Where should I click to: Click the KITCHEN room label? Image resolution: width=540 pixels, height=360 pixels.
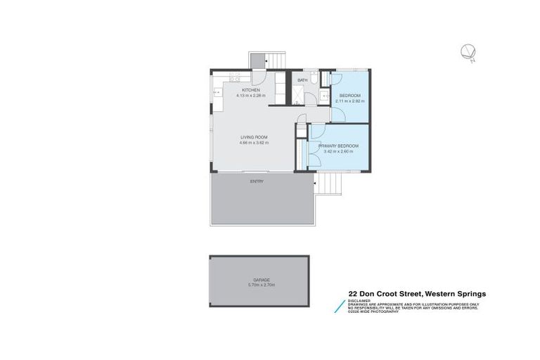251,90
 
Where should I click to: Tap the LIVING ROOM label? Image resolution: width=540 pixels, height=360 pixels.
254,137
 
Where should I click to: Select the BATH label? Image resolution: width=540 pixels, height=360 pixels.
303,81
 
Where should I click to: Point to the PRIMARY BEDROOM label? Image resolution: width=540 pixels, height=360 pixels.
341,146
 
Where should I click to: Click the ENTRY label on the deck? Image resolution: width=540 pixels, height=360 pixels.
257,181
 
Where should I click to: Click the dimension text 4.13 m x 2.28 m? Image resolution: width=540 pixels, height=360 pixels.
251,96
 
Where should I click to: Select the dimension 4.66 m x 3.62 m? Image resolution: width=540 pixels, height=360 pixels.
254,143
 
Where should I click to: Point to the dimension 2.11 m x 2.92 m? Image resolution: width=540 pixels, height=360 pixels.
349,101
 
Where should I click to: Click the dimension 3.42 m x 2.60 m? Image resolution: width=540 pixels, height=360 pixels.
341,151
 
